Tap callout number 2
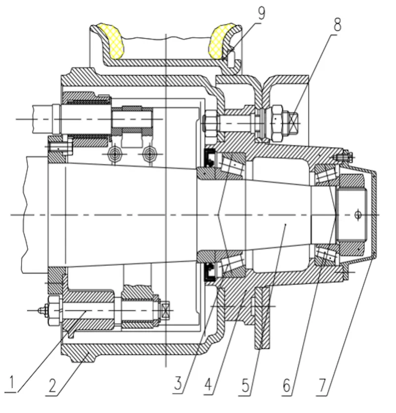52,385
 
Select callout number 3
179,383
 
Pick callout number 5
246,385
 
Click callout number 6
287,386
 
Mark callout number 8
337,25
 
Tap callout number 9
261,13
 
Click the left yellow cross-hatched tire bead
110,41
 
